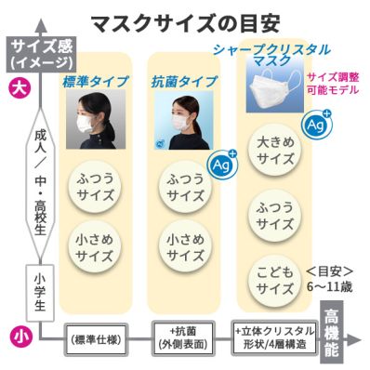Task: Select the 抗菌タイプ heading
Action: pos(178,84)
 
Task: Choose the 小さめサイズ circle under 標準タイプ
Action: pos(94,246)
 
